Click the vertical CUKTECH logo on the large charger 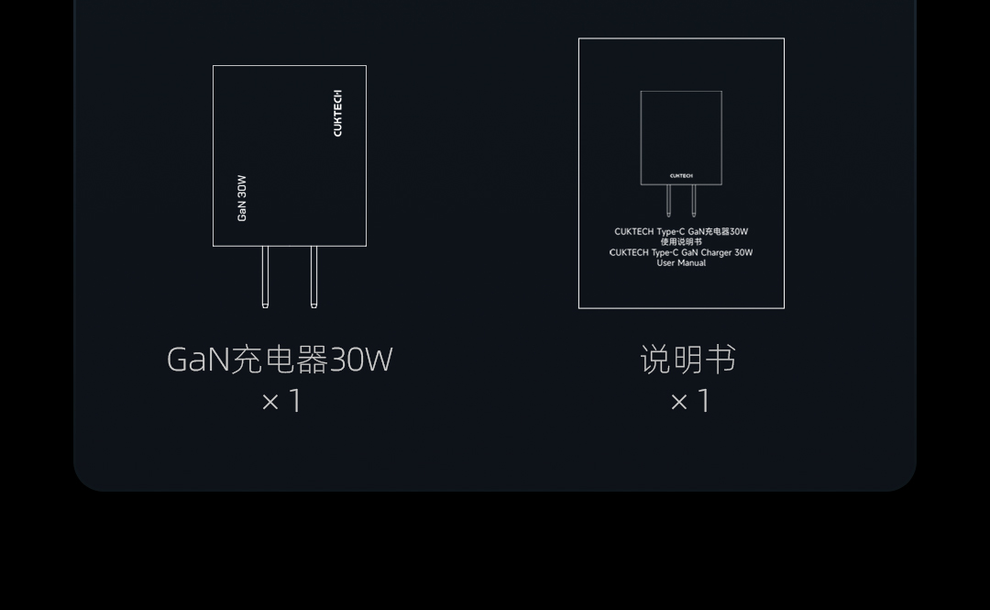tap(337, 114)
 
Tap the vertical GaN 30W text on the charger tap(242, 198)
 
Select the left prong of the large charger tap(265, 276)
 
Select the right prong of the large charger tap(313, 276)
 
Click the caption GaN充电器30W tap(280, 360)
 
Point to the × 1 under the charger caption tap(281, 401)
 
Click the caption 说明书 tap(687, 360)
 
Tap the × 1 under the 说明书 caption tap(690, 401)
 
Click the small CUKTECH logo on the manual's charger tap(681, 175)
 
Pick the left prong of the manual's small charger tap(668, 200)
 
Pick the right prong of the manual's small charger tap(694, 200)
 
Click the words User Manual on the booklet tap(681, 263)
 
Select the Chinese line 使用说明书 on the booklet tap(681, 242)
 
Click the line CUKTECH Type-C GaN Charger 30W tap(681, 252)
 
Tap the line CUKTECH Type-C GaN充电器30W tap(681, 232)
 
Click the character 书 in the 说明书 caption tap(720, 360)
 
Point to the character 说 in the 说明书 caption tap(655, 360)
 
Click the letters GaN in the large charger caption tap(198, 360)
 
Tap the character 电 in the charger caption tap(280, 360)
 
